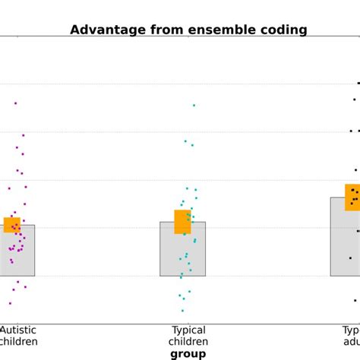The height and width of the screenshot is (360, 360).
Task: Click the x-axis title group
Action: tap(188, 354)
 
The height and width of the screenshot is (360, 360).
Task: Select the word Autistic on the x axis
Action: tap(17, 330)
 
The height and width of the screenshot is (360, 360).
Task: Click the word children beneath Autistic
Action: tap(19, 342)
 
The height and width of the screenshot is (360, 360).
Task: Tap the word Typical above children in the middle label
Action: tap(188, 330)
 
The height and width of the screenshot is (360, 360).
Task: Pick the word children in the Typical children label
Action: tap(188, 342)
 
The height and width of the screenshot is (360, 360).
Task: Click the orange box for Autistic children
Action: tap(11, 225)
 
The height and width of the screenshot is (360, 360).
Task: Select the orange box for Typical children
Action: tap(182, 222)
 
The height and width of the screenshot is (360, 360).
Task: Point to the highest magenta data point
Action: tap(15, 103)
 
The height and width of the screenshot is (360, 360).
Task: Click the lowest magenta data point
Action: tap(10, 303)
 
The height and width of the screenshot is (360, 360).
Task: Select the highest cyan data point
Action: tap(194, 106)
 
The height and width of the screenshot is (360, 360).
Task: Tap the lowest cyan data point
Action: tap(182, 310)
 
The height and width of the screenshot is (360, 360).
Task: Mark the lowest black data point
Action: tap(355, 300)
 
